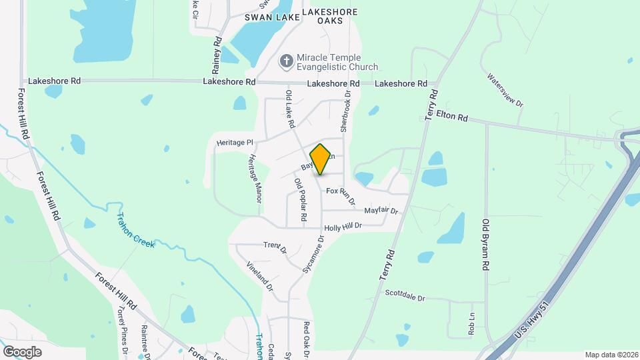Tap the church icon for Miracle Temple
[287, 61]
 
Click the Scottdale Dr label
[405, 295]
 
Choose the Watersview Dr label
[506, 91]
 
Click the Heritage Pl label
[235, 143]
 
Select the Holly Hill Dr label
[343, 227]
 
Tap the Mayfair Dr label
[381, 211]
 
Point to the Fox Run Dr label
[341, 195]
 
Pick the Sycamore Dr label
[313, 254]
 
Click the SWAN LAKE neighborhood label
[269, 17]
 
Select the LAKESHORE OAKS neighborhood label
[329, 17]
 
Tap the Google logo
[22, 351]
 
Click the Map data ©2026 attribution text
[611, 355]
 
